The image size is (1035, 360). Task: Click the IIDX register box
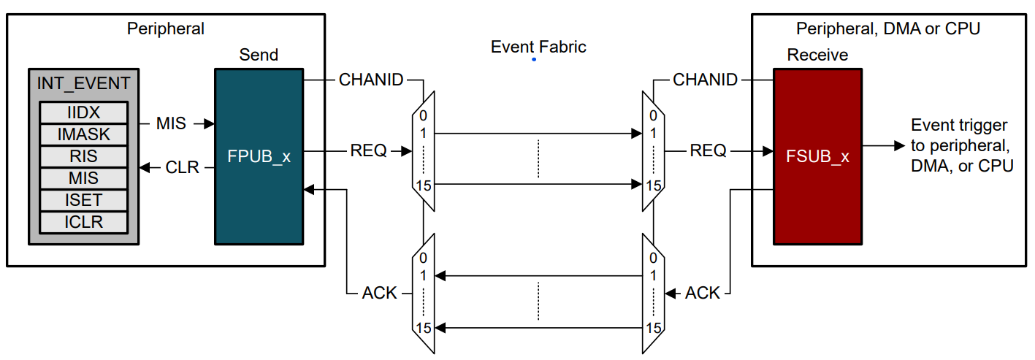point(83,112)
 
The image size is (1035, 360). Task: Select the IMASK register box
point(83,134)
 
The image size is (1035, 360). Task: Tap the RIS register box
point(83,156)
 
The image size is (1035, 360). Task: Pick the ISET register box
point(83,199)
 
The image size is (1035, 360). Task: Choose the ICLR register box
point(83,221)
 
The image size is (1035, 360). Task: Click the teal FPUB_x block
point(259,156)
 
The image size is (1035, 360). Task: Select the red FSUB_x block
point(817,156)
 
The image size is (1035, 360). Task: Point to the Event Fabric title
point(538,47)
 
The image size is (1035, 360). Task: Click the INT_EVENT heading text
point(83,83)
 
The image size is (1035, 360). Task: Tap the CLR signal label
point(182,168)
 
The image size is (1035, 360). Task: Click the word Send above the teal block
point(259,55)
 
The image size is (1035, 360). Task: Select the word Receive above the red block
point(817,55)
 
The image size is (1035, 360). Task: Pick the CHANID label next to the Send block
point(371,80)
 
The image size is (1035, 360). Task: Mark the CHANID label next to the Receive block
point(705,80)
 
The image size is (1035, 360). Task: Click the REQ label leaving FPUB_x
point(368,151)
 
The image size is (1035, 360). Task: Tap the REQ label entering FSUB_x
point(708,151)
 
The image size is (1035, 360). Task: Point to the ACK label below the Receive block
point(703,294)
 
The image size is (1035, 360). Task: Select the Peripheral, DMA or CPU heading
point(887,29)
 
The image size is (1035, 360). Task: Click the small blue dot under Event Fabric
point(534,59)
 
